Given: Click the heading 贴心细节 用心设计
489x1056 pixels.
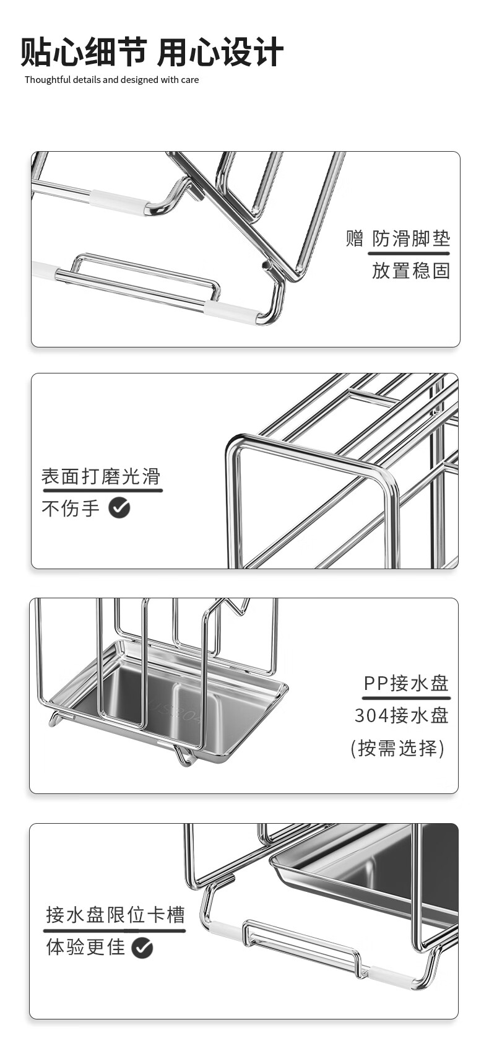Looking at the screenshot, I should click(x=152, y=51).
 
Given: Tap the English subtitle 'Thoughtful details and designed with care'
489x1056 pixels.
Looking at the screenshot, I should click(x=111, y=80).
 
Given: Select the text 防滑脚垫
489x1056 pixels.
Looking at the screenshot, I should click(x=411, y=238).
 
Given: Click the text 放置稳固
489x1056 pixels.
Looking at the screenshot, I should click(x=411, y=271).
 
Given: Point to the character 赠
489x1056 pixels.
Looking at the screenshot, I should click(x=354, y=238).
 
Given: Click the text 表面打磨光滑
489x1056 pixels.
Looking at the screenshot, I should click(x=101, y=476).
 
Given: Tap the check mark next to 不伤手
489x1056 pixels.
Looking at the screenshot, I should click(x=119, y=508).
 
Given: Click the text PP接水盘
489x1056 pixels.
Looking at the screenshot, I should click(x=406, y=683).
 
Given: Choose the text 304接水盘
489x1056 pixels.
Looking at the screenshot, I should click(x=401, y=715).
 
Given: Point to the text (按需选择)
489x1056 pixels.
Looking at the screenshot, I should click(x=397, y=748).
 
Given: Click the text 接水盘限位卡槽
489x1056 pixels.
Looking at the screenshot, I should click(x=115, y=915).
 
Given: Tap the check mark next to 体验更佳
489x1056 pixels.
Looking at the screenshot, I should click(x=142, y=948).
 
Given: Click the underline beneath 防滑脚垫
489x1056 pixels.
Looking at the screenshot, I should click(x=409, y=253).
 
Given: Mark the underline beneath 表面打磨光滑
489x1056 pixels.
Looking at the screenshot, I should click(x=102, y=491).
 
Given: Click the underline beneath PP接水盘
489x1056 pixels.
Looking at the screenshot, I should click(x=406, y=698).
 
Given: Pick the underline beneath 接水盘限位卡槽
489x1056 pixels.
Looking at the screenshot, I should click(x=115, y=930).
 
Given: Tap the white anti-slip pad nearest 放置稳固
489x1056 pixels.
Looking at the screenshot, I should click(x=230, y=312).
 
